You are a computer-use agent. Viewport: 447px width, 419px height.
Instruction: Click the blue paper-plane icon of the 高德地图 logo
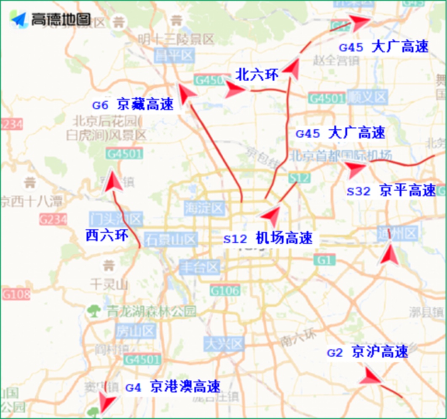(19, 19)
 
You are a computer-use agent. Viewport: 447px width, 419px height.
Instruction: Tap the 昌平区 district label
(174, 56)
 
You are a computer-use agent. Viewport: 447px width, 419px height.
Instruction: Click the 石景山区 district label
(170, 240)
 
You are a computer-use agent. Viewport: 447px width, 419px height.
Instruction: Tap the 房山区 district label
(130, 329)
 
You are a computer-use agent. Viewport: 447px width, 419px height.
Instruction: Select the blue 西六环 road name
(107, 235)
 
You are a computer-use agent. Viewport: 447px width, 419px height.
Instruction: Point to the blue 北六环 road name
(257, 75)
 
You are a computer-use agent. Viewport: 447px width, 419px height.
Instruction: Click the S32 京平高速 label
(391, 191)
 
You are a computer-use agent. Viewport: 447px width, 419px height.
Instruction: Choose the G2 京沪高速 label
(367, 352)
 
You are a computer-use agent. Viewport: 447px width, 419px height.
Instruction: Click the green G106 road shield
(225, 290)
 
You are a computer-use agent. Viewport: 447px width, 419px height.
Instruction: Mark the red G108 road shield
(16, 294)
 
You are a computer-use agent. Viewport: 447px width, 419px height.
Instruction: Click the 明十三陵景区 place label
(176, 40)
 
